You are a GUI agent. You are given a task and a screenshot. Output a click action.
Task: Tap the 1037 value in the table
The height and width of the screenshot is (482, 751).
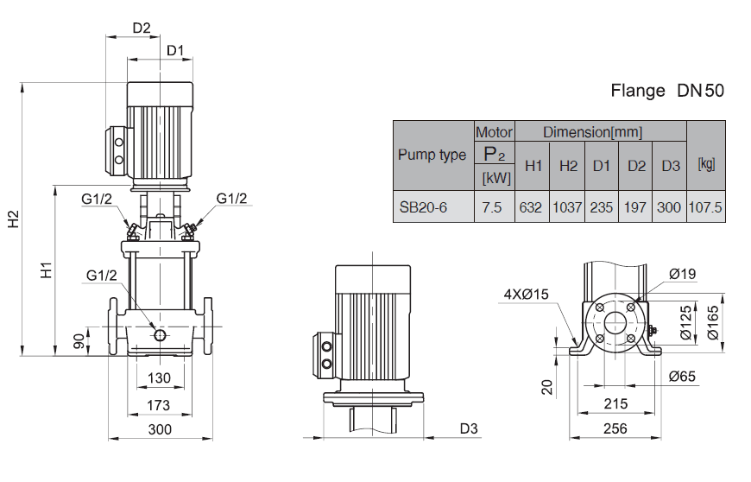[x=567, y=207]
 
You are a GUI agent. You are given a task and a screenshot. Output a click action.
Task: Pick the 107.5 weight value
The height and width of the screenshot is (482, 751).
[x=705, y=207]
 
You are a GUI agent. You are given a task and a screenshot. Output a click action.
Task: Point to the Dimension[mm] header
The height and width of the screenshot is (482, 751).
[x=592, y=132]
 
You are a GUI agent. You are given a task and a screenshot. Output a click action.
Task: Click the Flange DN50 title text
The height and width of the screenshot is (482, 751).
[x=667, y=90]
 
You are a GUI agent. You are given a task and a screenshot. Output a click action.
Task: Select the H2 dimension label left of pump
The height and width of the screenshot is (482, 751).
[x=15, y=219]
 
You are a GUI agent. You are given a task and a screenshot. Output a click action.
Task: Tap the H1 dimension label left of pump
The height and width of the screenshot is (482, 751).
[x=47, y=270]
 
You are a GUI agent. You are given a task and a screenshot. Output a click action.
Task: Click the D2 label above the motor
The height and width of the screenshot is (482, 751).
[x=142, y=28]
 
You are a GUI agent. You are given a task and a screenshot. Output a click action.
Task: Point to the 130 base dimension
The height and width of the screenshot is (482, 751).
[x=158, y=378]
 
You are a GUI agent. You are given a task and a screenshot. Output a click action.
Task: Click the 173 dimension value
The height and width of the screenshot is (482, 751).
[x=158, y=404]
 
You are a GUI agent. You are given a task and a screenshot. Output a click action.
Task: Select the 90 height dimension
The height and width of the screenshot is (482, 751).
[x=79, y=340]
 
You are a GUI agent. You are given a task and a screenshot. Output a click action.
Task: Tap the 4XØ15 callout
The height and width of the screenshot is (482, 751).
[x=527, y=295]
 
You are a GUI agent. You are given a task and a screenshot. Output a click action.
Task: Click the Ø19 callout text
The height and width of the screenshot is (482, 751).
[x=682, y=275]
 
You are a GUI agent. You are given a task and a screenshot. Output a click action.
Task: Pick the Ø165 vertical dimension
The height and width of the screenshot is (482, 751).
[x=713, y=322]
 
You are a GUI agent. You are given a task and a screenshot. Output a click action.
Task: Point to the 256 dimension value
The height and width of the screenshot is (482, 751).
[x=614, y=429]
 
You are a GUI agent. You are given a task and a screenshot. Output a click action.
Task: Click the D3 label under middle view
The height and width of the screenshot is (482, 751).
[x=468, y=429]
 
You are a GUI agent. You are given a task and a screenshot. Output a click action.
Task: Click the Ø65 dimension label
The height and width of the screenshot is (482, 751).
[x=683, y=376]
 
